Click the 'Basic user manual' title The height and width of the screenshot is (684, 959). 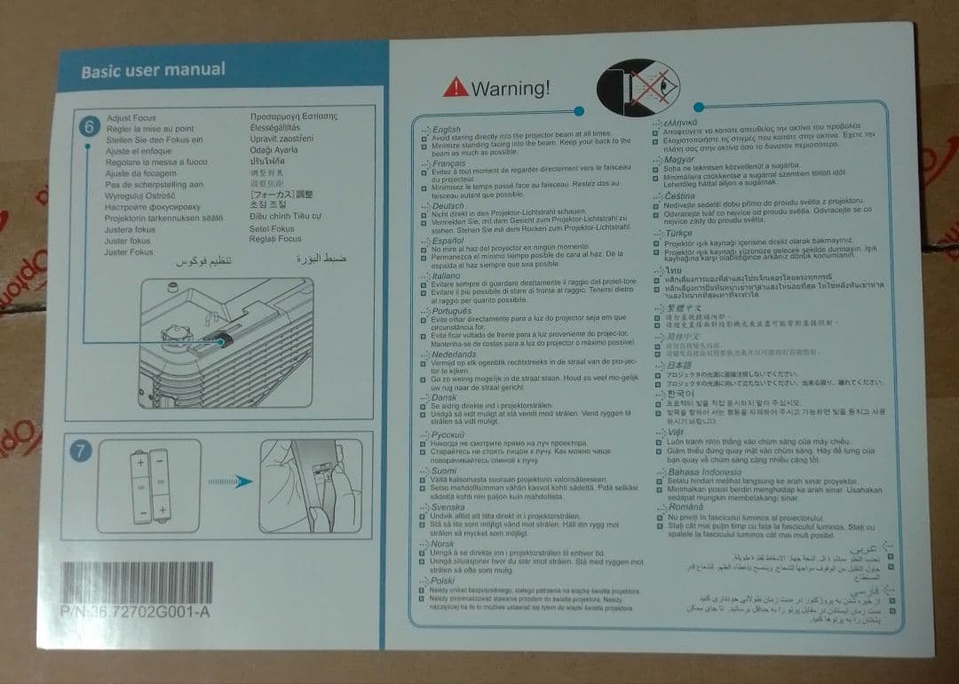153,70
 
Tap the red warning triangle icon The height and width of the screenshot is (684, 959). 456,86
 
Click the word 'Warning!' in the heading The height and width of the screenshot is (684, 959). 511,88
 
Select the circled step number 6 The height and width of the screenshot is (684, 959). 88,127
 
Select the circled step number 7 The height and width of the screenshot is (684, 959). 81,451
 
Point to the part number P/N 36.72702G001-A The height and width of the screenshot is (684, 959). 136,612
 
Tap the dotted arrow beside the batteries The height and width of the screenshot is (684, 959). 228,481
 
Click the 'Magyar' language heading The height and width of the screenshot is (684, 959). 679,159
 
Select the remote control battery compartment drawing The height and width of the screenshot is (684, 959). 311,484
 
